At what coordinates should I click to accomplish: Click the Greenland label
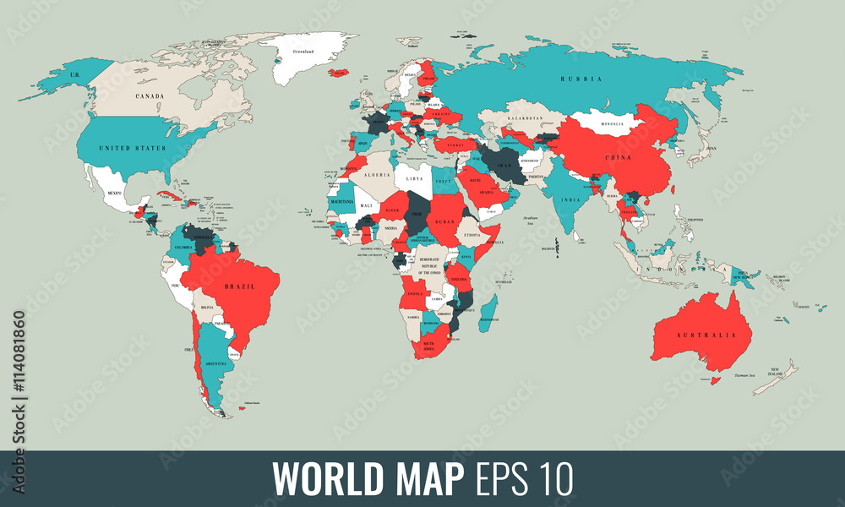(x=303, y=52)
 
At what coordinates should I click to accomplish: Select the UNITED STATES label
(x=132, y=148)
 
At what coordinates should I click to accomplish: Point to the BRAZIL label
(x=239, y=286)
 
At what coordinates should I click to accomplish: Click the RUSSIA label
(x=581, y=79)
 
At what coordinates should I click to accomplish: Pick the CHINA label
(x=619, y=157)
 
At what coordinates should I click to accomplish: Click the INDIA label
(x=571, y=199)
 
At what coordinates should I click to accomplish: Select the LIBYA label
(x=414, y=179)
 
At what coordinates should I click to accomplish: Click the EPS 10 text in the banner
(x=521, y=479)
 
